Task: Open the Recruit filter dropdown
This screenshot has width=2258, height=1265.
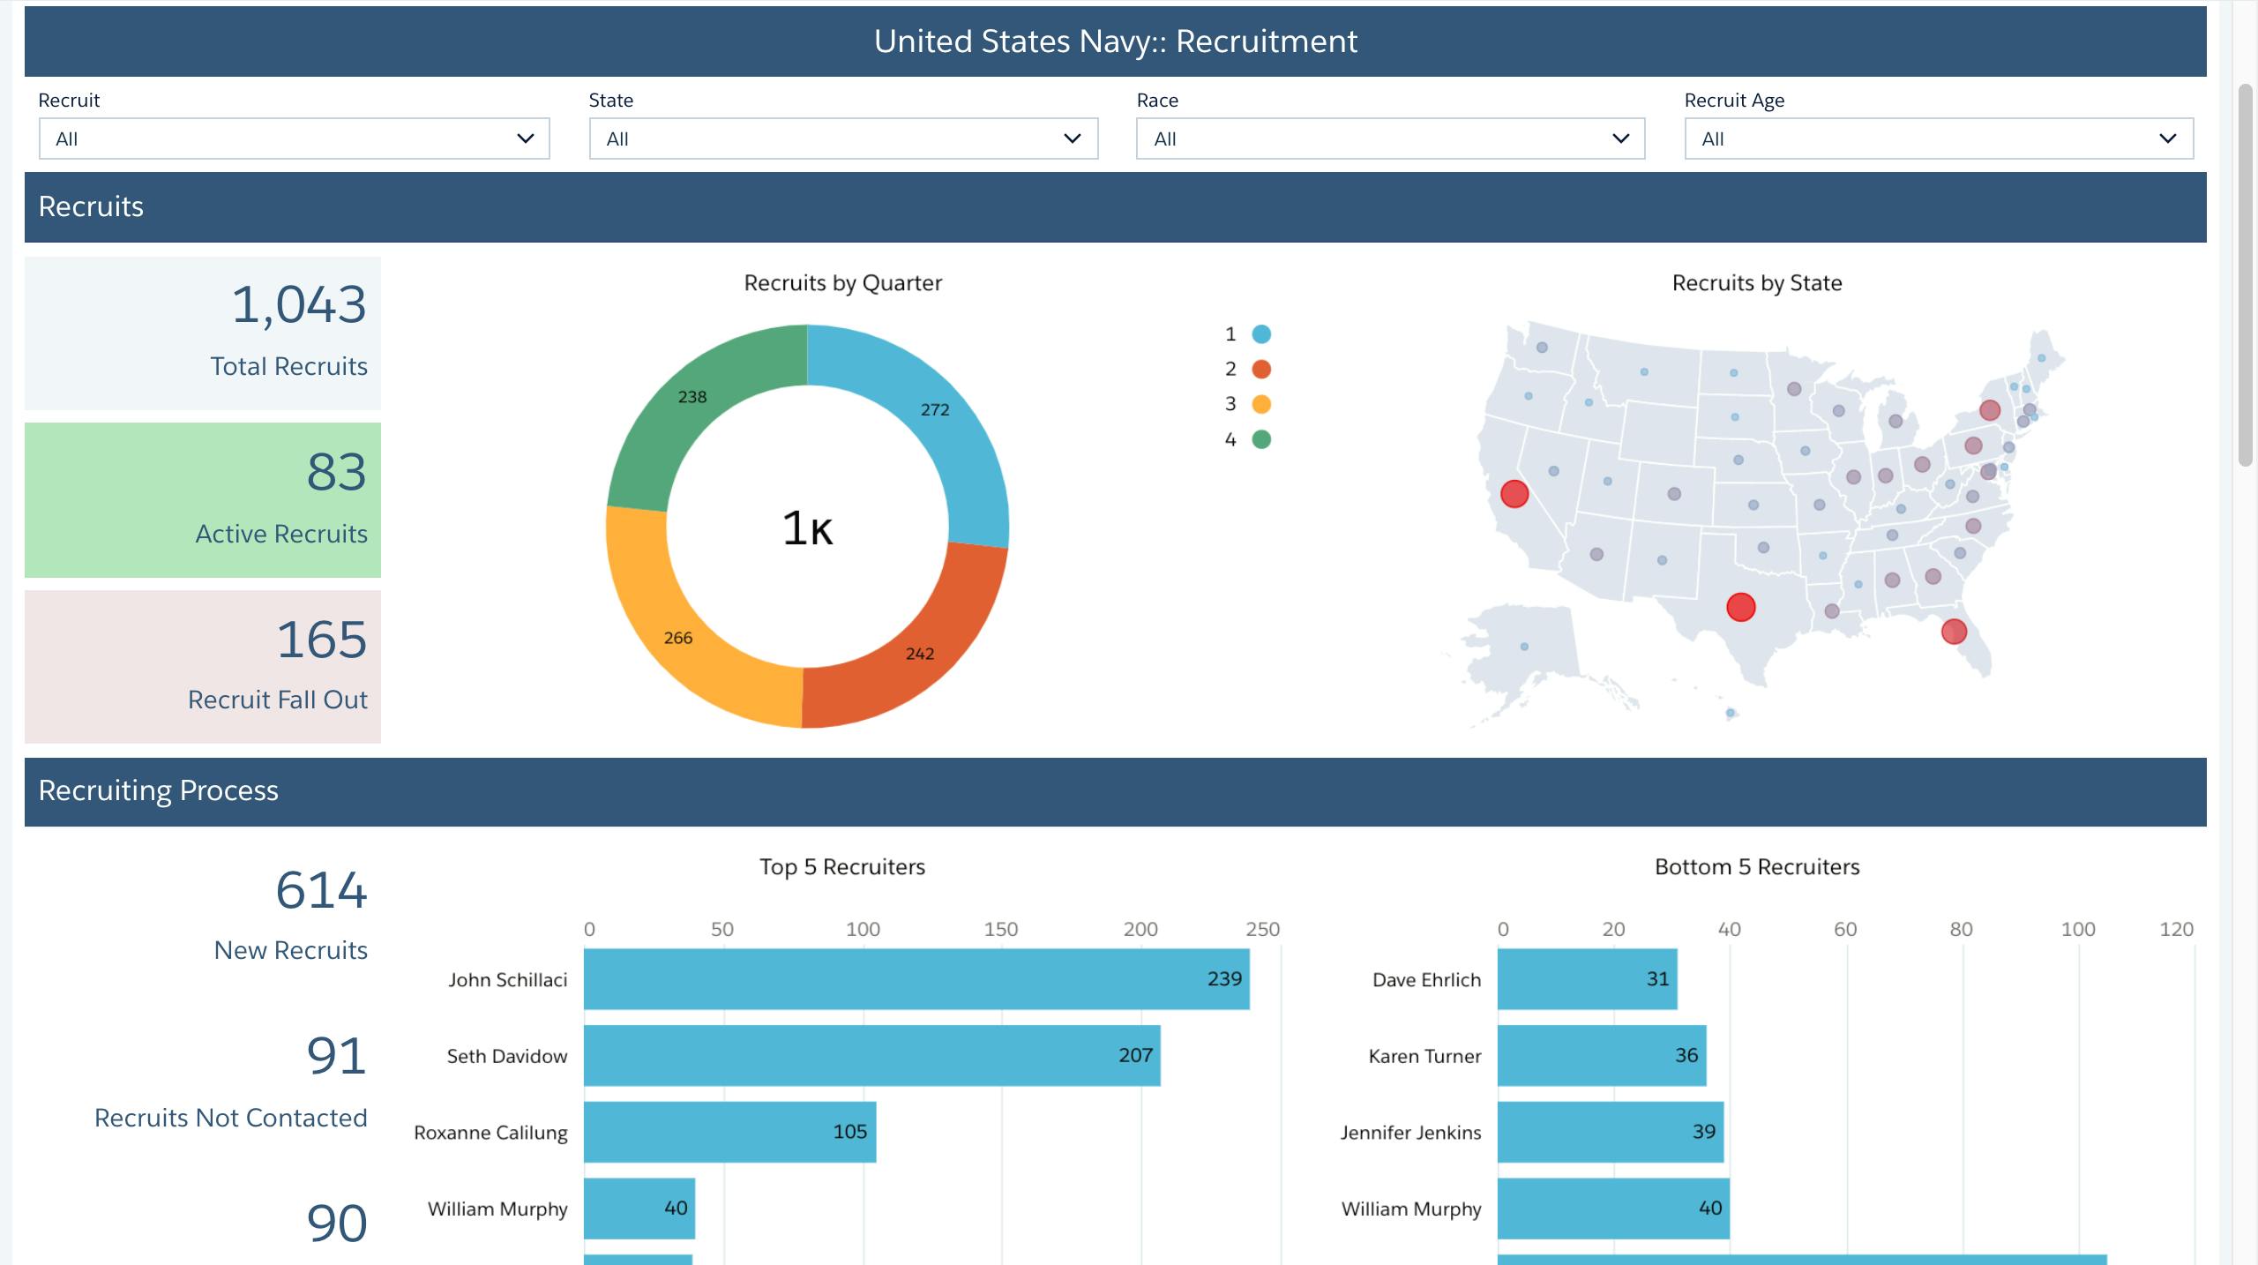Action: click(x=294, y=138)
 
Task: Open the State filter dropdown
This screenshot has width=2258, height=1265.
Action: click(x=843, y=138)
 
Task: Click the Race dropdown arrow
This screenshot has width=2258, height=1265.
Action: click(x=1620, y=138)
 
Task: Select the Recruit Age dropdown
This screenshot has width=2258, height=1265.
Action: click(x=1939, y=138)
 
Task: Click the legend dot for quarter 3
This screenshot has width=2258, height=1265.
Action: click(x=1261, y=404)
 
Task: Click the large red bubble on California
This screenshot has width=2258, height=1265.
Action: click(x=1514, y=494)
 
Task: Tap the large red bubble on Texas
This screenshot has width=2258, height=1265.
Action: click(x=1740, y=607)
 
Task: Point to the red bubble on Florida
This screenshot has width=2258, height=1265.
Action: click(x=1954, y=632)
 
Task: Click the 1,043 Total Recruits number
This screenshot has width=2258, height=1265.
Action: click(x=298, y=305)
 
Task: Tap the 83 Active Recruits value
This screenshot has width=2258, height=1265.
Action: click(x=336, y=472)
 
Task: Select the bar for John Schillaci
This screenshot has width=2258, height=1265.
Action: click(x=916, y=979)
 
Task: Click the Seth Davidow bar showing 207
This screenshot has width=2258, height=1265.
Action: click(x=871, y=1055)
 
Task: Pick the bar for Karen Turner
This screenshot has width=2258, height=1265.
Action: click(x=1601, y=1055)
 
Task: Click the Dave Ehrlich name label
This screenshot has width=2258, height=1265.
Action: click(x=1426, y=980)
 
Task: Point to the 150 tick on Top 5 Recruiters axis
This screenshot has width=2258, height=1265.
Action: click(x=1000, y=929)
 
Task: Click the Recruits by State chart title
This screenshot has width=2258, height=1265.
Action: click(x=1756, y=283)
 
